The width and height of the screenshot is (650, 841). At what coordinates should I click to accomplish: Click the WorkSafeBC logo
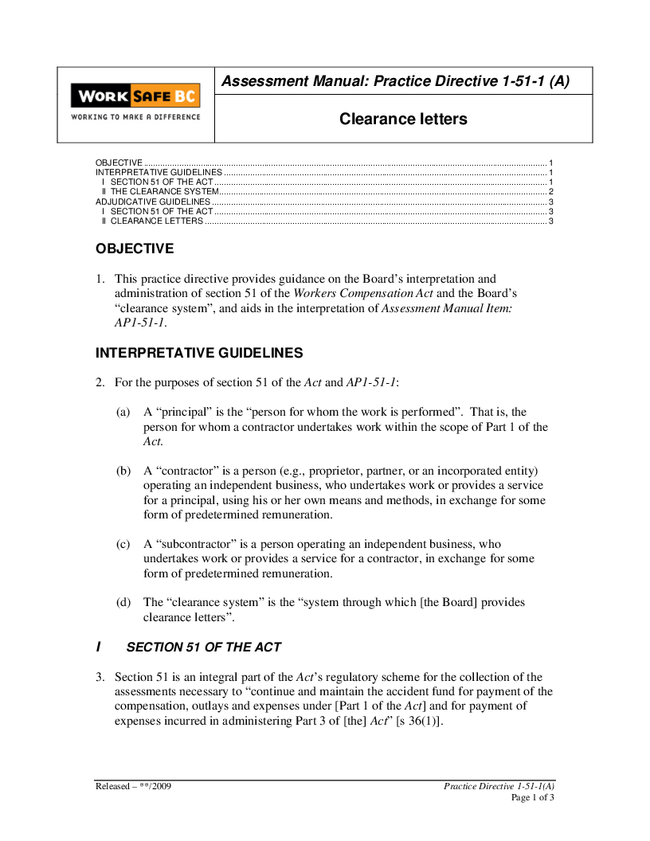[x=135, y=96]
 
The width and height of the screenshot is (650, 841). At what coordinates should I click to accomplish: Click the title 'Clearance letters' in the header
[x=403, y=119]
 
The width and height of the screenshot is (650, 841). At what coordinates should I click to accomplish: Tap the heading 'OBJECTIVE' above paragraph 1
[x=135, y=248]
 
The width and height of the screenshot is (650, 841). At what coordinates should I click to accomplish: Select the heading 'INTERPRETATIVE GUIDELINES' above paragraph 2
[x=199, y=352]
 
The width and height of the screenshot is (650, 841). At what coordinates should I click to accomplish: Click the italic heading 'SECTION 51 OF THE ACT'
[x=215, y=647]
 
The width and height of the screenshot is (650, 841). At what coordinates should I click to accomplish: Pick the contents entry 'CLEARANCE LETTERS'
[x=157, y=221]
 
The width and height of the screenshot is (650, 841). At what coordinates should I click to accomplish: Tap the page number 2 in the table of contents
[x=551, y=192]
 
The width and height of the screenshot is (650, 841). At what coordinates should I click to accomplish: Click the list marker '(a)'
[x=123, y=413]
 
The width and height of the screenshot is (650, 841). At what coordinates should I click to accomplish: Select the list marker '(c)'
[x=123, y=545]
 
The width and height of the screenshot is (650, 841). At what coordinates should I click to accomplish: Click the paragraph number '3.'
[x=100, y=677]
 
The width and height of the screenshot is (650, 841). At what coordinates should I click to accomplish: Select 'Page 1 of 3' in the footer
[x=532, y=797]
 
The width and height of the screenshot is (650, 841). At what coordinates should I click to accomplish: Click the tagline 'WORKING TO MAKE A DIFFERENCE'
[x=135, y=116]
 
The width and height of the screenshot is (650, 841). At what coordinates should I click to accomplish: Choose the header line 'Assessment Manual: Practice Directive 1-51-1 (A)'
[x=395, y=81]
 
